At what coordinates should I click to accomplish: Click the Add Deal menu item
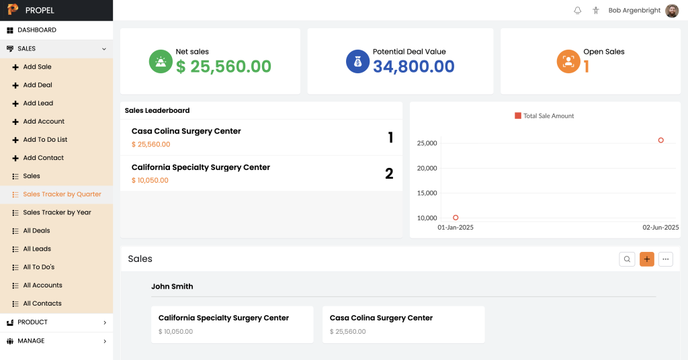point(37,85)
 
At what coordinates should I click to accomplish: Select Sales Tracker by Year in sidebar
point(56,212)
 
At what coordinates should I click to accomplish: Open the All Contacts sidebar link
point(42,304)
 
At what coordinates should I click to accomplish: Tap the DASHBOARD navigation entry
point(36,30)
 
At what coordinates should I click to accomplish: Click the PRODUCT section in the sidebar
point(32,322)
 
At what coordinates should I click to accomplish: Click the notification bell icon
point(577,11)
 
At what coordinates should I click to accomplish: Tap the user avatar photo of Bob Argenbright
point(672,11)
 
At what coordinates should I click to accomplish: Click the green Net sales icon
point(161,61)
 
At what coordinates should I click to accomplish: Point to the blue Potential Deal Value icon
point(357,61)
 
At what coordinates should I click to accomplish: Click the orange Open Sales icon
point(568,61)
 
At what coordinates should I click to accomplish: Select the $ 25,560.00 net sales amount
point(224,66)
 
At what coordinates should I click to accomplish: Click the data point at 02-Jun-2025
point(661,140)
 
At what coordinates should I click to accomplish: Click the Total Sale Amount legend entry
point(544,116)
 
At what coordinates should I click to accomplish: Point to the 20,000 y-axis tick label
point(427,168)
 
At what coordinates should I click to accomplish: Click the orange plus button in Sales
point(646,259)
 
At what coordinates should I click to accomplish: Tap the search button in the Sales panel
point(627,259)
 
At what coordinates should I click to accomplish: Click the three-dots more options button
point(666,259)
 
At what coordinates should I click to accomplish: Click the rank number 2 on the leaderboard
point(389,173)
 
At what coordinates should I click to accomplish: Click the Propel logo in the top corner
point(13,10)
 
